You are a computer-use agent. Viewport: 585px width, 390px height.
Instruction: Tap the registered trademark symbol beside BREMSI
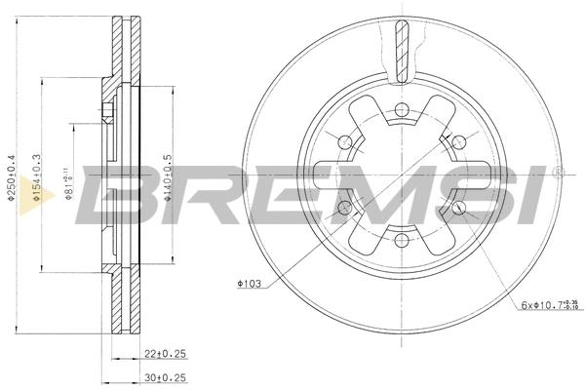click(x=557, y=173)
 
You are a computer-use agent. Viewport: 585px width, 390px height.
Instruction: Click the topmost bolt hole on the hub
click(x=400, y=109)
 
